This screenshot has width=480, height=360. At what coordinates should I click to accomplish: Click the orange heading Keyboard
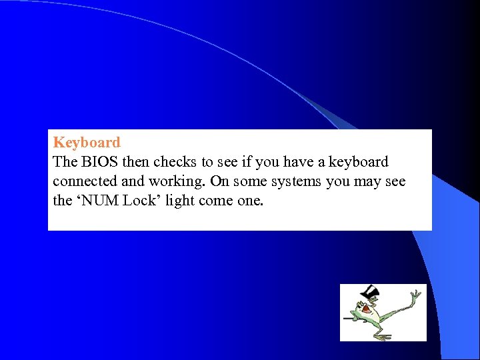[x=87, y=143]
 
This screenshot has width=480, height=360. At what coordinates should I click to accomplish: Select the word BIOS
[x=98, y=162]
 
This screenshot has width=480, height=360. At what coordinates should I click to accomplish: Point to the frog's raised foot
[x=415, y=295]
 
